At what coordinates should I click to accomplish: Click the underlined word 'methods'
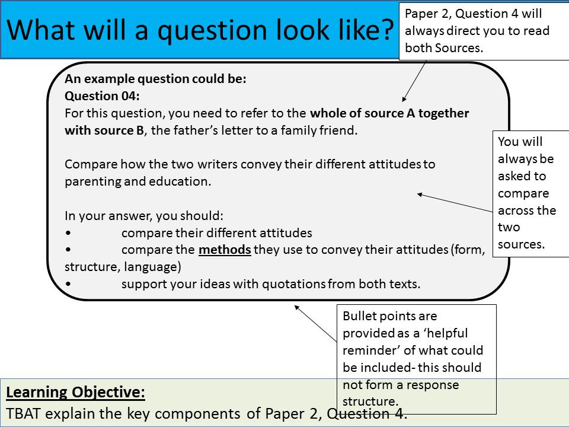click(x=225, y=250)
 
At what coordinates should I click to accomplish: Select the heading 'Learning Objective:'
click(x=75, y=392)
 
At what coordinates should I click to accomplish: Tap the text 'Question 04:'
click(x=102, y=96)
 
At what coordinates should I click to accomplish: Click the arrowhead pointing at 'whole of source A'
click(x=404, y=99)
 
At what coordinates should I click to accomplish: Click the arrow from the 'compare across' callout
click(x=455, y=203)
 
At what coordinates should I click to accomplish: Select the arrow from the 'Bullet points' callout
click(x=316, y=324)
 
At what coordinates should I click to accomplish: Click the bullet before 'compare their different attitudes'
click(x=68, y=233)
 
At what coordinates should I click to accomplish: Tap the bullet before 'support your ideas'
click(x=68, y=284)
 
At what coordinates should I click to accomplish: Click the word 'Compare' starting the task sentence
click(x=91, y=164)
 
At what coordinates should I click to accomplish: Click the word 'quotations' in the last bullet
click(x=294, y=284)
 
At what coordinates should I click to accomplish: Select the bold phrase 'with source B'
click(x=104, y=130)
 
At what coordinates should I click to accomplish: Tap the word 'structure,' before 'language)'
click(x=92, y=267)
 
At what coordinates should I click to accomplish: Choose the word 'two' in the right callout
click(x=509, y=227)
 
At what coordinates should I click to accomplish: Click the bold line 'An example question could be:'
click(x=155, y=79)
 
